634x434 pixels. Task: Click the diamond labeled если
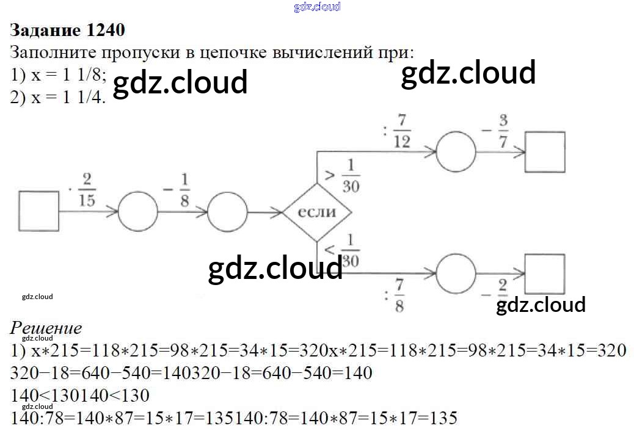(317, 212)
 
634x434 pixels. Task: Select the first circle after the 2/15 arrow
(137, 212)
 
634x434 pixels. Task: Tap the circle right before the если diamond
(227, 212)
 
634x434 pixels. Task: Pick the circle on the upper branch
(456, 151)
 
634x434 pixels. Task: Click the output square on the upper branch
(545, 151)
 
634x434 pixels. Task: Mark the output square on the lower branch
(545, 273)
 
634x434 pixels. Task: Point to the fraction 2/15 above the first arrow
(87, 189)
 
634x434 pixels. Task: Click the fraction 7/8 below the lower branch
(399, 295)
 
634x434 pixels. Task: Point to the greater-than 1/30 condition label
(344, 175)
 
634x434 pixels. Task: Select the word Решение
(46, 328)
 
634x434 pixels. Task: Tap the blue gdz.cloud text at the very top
(317, 7)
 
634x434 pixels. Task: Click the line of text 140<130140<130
(80, 396)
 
